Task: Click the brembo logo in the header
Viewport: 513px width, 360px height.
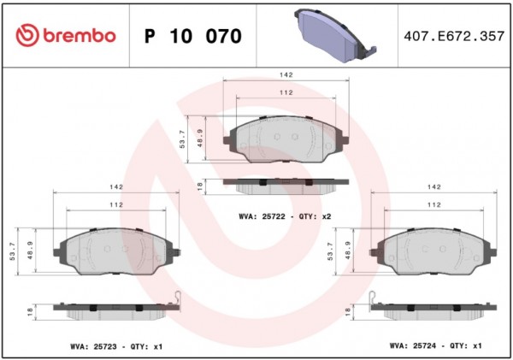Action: point(66,35)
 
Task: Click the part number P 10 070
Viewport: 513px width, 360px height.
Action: point(193,36)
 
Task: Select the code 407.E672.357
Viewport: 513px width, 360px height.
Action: point(454,36)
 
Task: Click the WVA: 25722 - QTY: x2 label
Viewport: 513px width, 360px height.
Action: point(285,216)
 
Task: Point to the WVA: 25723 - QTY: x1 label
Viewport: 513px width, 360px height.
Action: point(116,346)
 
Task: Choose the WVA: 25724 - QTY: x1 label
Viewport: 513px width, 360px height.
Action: point(435,345)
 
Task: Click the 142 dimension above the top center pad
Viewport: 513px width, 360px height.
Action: point(286,75)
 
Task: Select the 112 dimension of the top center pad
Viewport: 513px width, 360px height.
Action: point(286,92)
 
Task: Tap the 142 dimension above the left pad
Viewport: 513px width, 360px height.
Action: point(116,187)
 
